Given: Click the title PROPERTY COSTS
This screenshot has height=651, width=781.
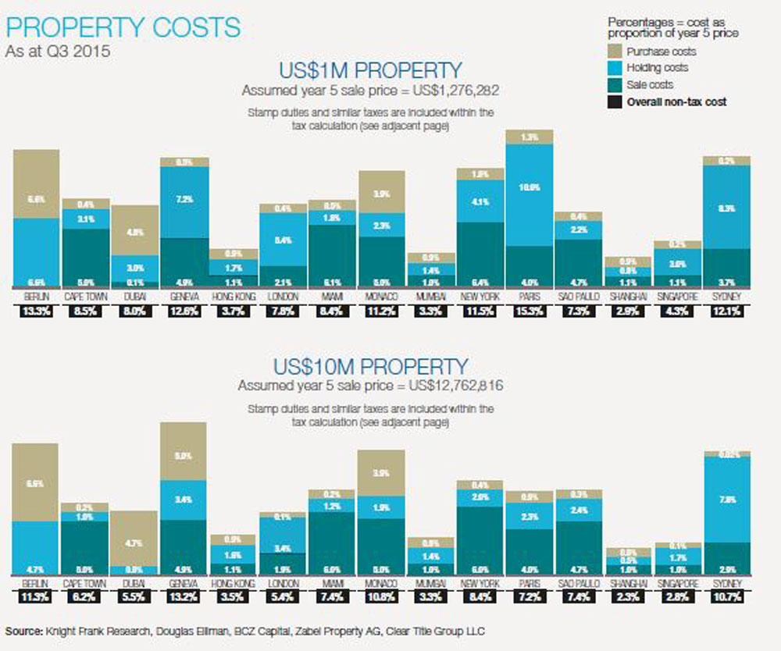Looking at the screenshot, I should click(123, 28).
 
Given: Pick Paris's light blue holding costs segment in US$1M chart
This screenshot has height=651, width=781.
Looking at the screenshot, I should click(529, 195).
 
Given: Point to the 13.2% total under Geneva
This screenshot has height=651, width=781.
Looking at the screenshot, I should click(184, 598).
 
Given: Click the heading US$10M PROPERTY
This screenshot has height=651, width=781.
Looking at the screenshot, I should click(370, 366).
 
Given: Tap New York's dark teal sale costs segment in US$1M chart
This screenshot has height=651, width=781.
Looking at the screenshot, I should click(480, 254).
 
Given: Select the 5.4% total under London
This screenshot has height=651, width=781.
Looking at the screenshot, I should click(283, 598).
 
